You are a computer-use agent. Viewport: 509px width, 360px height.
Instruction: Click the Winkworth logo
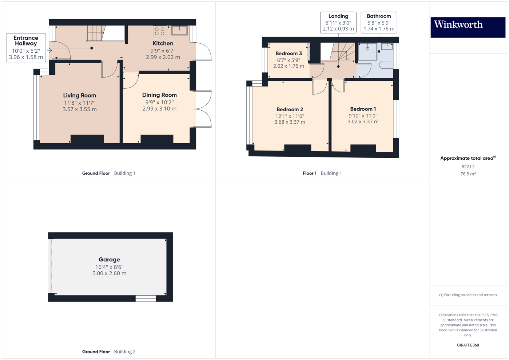pyautogui.click(x=468, y=27)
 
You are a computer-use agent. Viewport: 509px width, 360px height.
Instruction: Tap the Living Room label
pyautogui.click(x=80, y=96)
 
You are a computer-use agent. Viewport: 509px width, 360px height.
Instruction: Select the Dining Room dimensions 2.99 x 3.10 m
pyautogui.click(x=159, y=109)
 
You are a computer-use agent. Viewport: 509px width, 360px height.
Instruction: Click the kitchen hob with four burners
pyautogui.click(x=160, y=31)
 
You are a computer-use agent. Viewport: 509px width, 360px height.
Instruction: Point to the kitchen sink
pyautogui.click(x=179, y=31)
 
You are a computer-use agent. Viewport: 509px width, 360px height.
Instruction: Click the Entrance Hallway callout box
pyautogui.click(x=26, y=48)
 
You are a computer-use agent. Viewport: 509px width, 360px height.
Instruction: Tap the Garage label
pyautogui.click(x=109, y=260)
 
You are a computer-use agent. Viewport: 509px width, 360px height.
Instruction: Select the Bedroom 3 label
pyautogui.click(x=289, y=53)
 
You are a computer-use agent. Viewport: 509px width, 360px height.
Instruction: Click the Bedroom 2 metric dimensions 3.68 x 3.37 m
pyautogui.click(x=290, y=122)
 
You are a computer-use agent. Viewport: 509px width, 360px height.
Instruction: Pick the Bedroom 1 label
pyautogui.click(x=363, y=109)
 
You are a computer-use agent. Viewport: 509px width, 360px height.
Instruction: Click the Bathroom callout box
pyautogui.click(x=379, y=23)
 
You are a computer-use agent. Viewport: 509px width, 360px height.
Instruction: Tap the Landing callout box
pyautogui.click(x=338, y=23)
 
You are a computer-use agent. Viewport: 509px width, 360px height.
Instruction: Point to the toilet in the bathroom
pyautogui.click(x=387, y=65)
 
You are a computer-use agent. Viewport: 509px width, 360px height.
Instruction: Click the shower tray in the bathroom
pyautogui.click(x=367, y=51)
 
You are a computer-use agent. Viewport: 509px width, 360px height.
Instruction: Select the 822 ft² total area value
pyautogui.click(x=468, y=167)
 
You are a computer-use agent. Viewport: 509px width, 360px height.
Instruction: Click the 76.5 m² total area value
pyautogui.click(x=468, y=174)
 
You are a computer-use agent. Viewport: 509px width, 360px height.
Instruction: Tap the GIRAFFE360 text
pyautogui.click(x=468, y=345)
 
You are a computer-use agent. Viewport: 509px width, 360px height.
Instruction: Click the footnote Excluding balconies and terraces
pyautogui.click(x=468, y=295)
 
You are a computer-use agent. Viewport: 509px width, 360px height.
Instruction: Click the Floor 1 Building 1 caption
pyautogui.click(x=322, y=173)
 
